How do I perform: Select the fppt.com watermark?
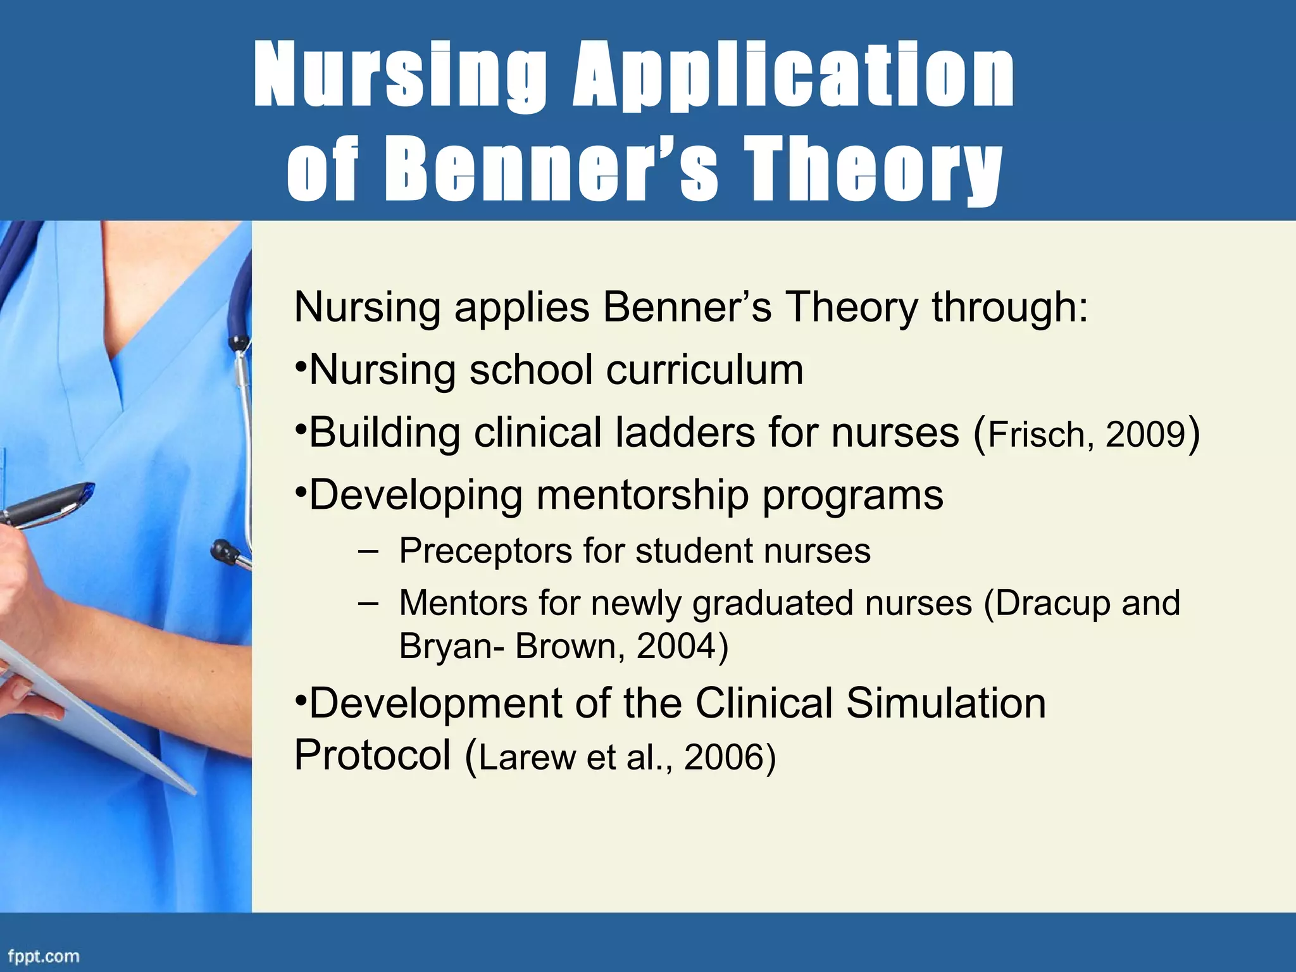click(43, 956)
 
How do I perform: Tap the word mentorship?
click(642, 495)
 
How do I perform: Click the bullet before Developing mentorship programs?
click(301, 491)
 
